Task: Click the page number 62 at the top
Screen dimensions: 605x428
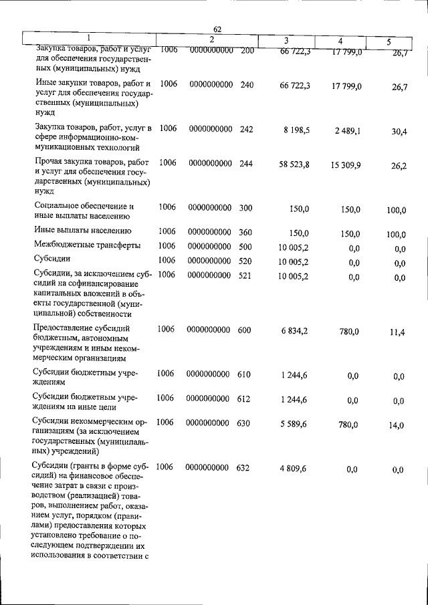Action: (217, 29)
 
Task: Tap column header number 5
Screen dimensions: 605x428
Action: (389, 42)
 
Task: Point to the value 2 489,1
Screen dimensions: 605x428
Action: (348, 131)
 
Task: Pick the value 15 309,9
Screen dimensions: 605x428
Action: (345, 164)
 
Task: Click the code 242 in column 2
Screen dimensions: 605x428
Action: (247, 128)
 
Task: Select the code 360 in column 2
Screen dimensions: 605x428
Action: (245, 231)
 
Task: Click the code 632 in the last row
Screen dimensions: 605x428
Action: (243, 468)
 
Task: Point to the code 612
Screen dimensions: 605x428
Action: (243, 399)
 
